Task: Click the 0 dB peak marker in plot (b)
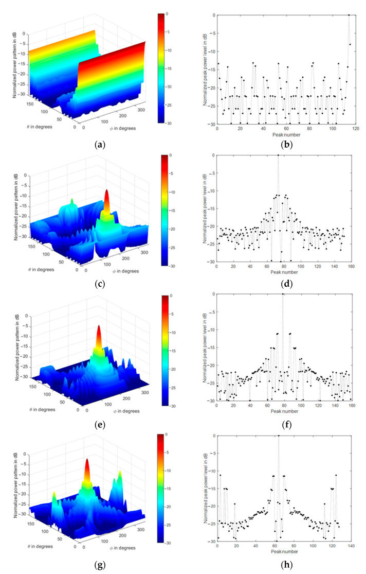point(349,15)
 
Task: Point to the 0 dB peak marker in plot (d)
point(278,155)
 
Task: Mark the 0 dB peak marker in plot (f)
point(283,294)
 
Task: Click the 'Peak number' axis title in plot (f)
point(283,412)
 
